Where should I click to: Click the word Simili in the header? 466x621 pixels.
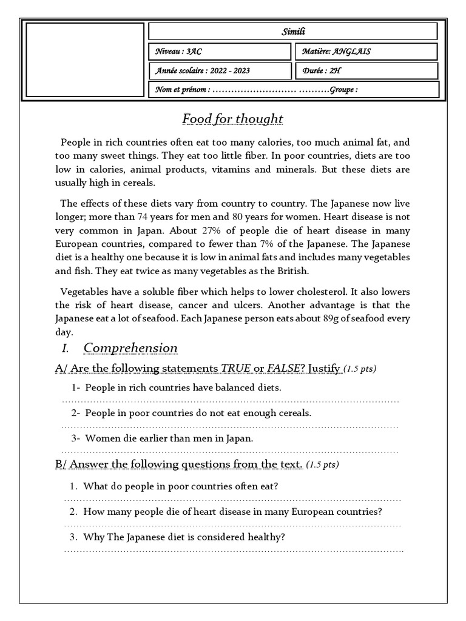292,32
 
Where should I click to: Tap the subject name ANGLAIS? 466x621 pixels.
351,52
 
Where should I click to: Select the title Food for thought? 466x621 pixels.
232,118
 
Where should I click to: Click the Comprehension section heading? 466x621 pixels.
130,348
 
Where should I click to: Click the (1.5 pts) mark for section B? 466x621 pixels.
323,465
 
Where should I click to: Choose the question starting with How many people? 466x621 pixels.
232,511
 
